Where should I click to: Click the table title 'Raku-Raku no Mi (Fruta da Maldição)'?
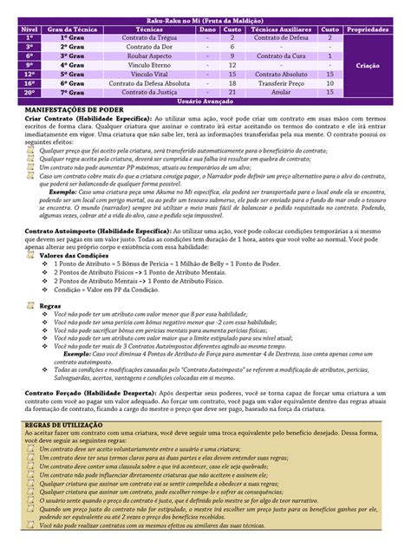(206, 21)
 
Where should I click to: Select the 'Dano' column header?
(208, 29)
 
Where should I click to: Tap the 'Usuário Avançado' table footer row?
(206, 99)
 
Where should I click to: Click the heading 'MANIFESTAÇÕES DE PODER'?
(71, 108)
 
